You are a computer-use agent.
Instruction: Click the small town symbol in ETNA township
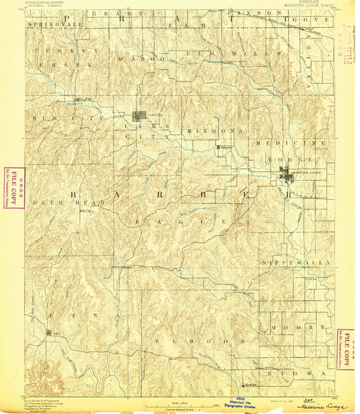coord(49,332)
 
